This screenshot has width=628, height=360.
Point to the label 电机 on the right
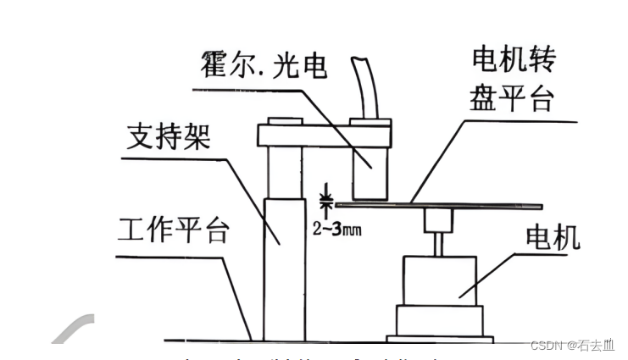[553, 238]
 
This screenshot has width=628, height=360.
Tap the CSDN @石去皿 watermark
[572, 345]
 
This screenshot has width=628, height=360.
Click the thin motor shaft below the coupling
[439, 245]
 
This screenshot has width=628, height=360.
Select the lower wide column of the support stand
[282, 267]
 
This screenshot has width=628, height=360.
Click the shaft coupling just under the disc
[439, 221]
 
